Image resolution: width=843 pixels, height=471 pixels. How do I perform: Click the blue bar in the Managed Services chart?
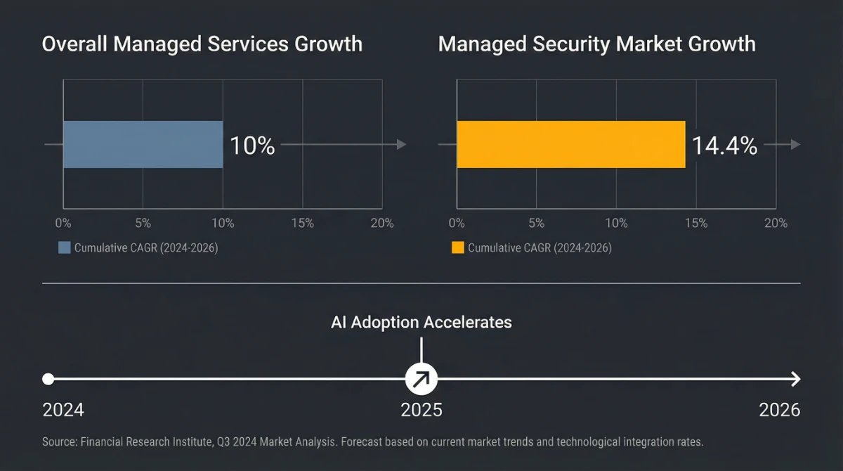[x=143, y=145]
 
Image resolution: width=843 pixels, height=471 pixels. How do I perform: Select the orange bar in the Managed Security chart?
[x=570, y=145]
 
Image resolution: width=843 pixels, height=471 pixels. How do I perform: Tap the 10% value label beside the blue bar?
[x=253, y=146]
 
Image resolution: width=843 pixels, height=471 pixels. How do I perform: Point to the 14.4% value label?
[x=724, y=146]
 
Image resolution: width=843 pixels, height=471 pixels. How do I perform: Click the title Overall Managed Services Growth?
[x=202, y=44]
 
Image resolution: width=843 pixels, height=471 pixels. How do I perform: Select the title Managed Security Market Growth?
[x=596, y=44]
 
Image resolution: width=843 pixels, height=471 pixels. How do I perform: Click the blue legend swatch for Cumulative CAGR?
[x=64, y=248]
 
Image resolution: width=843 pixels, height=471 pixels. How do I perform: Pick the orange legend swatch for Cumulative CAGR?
[x=457, y=248]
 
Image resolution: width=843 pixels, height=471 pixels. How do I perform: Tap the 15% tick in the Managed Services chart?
[x=303, y=224]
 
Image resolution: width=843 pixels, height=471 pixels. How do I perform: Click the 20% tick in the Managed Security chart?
[x=776, y=224]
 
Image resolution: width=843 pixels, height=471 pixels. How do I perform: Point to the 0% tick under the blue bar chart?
[x=63, y=224]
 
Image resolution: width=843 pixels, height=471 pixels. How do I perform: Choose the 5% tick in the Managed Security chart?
[x=536, y=224]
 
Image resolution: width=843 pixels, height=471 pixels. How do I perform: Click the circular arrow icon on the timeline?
[x=421, y=380]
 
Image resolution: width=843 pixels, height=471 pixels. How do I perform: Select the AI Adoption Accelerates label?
[x=421, y=323]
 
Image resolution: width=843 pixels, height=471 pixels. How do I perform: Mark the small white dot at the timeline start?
[x=48, y=380]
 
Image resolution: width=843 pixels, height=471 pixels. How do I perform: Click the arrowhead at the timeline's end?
[x=795, y=380]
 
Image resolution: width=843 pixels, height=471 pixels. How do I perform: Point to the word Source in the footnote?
[x=59, y=442]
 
